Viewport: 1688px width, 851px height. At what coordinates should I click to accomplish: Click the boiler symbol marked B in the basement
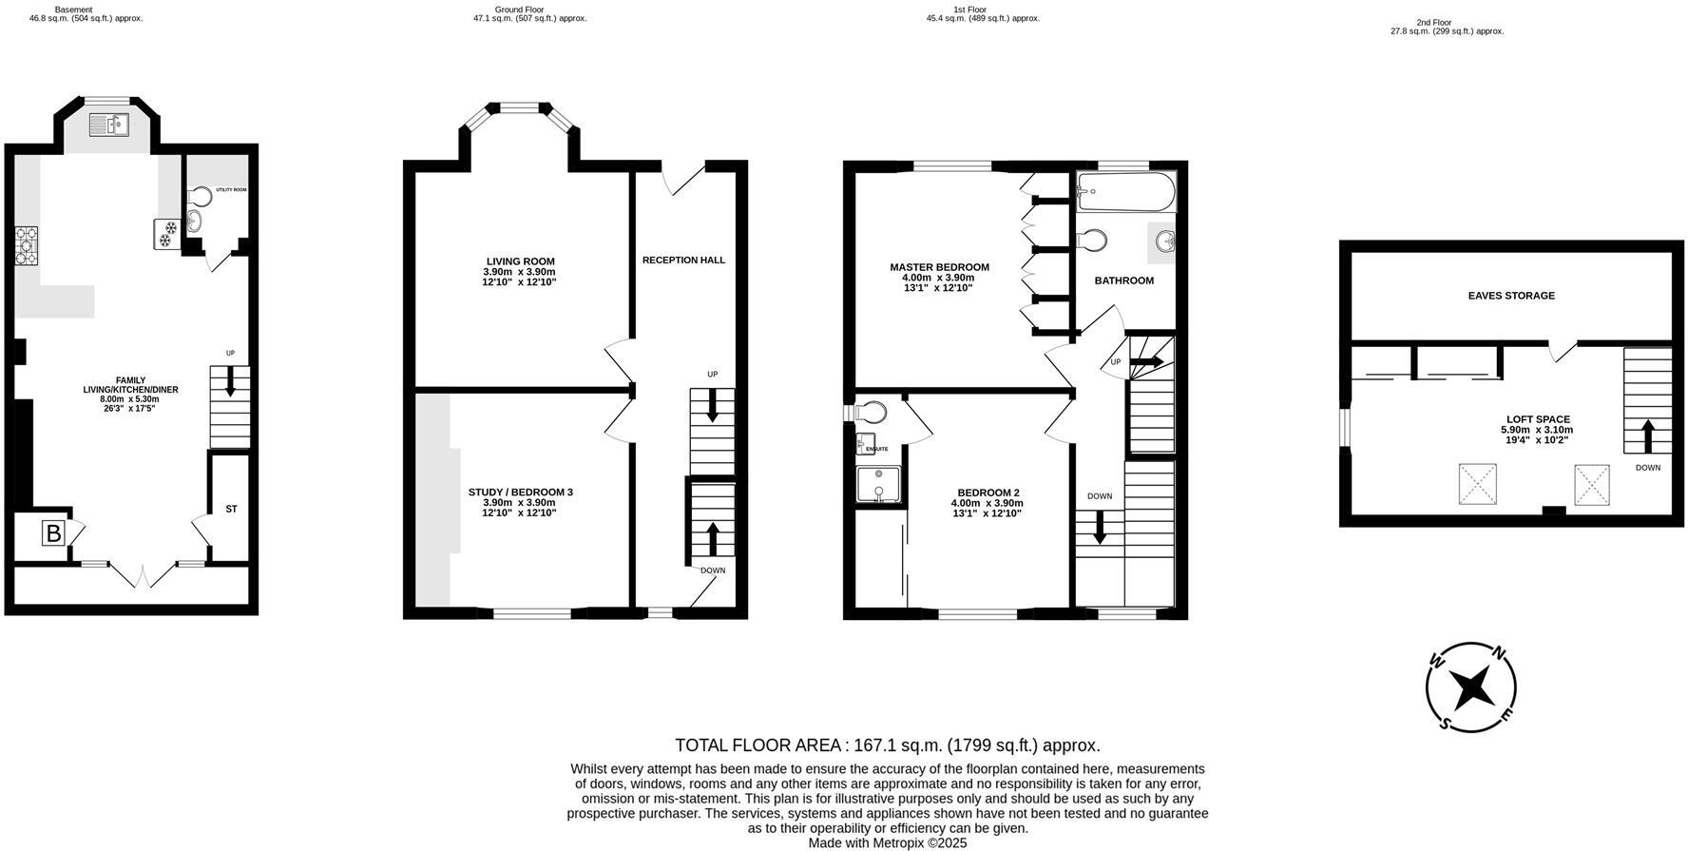click(x=53, y=533)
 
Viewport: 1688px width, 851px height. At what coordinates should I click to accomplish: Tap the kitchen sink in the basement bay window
click(x=110, y=125)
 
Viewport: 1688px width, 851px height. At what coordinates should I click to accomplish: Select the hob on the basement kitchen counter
click(x=26, y=245)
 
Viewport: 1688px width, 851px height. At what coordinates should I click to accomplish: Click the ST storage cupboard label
click(x=231, y=510)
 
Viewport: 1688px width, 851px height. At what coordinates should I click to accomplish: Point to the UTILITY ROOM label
click(x=231, y=190)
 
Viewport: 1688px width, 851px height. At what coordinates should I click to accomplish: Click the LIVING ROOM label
click(x=520, y=261)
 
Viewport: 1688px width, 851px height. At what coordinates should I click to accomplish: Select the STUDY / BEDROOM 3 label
click(x=520, y=492)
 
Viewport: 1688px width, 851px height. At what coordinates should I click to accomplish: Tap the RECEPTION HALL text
click(x=683, y=260)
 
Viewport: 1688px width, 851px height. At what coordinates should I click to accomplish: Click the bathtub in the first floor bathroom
click(x=1125, y=193)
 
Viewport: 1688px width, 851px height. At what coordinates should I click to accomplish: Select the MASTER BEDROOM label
click(x=939, y=267)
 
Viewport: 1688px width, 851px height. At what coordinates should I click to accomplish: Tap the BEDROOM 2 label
click(x=988, y=493)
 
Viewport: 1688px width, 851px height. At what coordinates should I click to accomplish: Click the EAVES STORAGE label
click(x=1511, y=296)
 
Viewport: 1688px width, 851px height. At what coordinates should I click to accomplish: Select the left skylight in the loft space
click(x=1476, y=484)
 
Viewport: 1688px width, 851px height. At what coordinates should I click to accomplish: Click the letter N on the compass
click(x=1499, y=653)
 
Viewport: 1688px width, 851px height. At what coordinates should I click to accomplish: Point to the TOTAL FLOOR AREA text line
click(x=887, y=745)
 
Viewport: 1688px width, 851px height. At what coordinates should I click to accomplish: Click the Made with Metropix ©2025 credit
click(x=887, y=842)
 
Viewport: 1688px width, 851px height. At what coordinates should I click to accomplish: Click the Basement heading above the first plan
click(x=74, y=10)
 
